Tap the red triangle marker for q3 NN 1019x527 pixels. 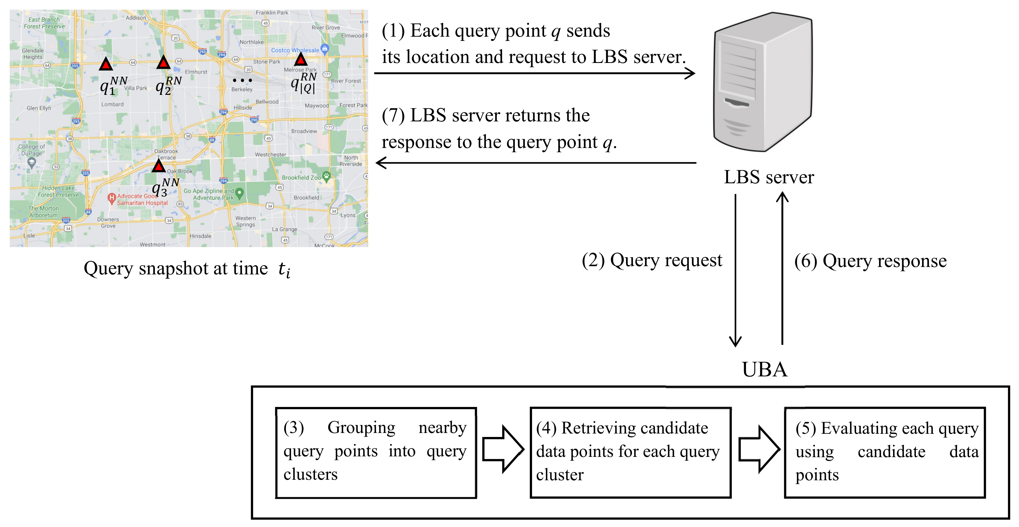(159, 166)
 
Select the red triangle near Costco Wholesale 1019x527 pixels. (301, 60)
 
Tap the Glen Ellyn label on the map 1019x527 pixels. (39, 108)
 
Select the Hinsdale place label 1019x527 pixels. (201, 236)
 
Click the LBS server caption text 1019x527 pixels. (769, 177)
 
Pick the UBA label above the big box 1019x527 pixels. (764, 369)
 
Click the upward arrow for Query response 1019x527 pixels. (782, 269)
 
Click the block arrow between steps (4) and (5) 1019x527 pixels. (759, 449)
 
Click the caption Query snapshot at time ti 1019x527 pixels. (187, 269)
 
